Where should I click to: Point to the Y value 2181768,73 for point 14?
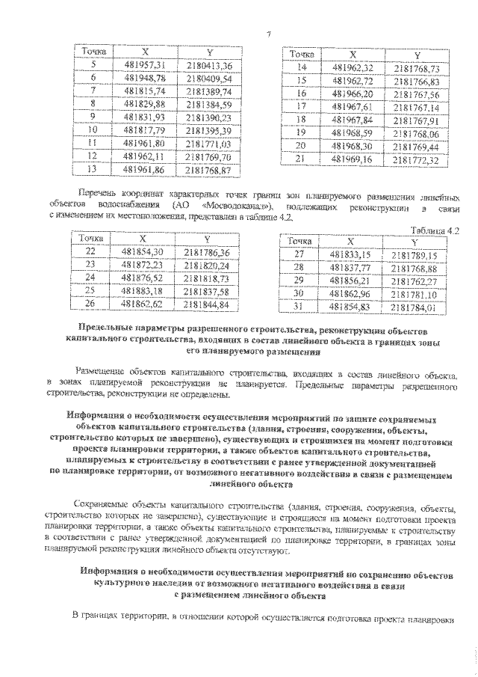pyautogui.click(x=416, y=68)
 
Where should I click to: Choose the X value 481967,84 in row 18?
pyautogui.click(x=356, y=119)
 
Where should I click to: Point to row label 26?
pyautogui.click(x=92, y=304)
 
